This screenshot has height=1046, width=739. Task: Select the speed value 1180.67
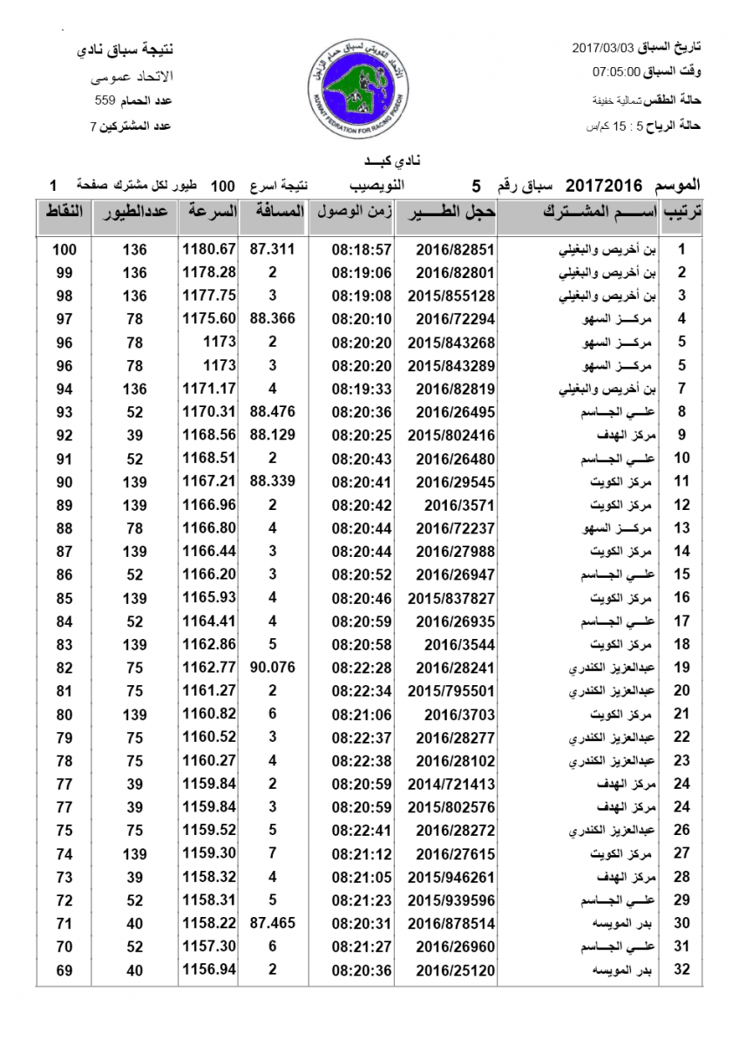[209, 249]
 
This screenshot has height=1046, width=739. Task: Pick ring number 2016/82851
[443, 249]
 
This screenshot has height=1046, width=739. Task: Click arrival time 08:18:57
[361, 249]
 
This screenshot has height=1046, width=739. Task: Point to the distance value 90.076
[273, 668]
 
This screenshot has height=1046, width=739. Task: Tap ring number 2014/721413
[443, 784]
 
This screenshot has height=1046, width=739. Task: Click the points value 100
[64, 249]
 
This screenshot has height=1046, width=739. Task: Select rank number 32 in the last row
[683, 970]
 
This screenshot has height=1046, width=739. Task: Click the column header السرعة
[209, 212]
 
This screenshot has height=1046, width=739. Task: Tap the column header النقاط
[64, 212]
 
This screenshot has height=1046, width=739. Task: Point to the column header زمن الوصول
[352, 212]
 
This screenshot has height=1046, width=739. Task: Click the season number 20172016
[604, 186]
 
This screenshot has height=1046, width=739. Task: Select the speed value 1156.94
[209, 970]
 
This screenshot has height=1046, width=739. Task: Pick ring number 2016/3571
[443, 505]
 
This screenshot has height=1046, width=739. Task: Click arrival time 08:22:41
[361, 830]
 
